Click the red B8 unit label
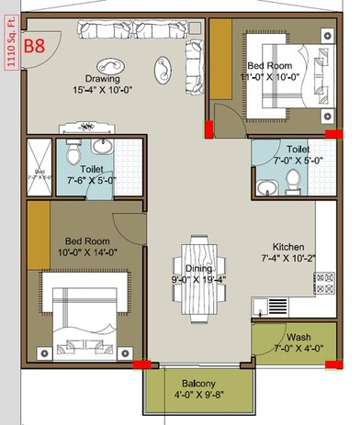[x=34, y=45]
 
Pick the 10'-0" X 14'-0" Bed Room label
[x=84, y=251]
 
